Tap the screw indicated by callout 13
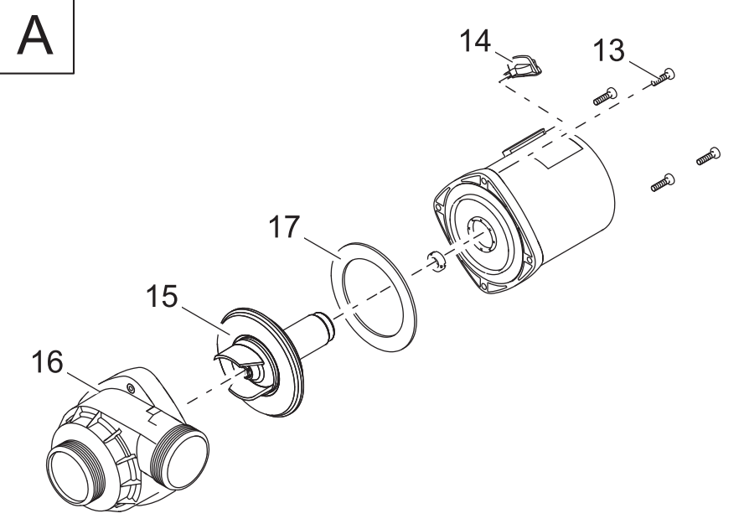664,77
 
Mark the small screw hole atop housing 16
132,388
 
